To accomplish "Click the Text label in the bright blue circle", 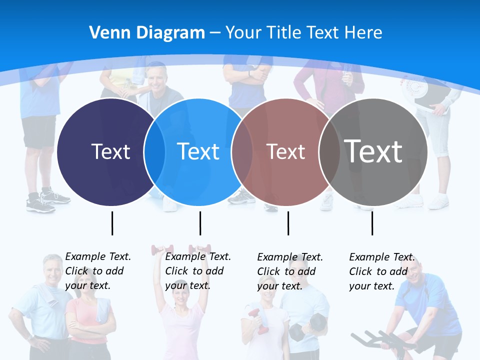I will (x=198, y=151).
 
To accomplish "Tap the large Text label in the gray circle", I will (x=373, y=151).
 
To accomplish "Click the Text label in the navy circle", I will (x=111, y=151).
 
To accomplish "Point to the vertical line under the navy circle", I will (x=112, y=223).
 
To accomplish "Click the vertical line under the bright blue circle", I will (x=200, y=223).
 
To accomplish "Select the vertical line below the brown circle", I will (x=288, y=223).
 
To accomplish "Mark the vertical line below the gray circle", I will (x=372, y=223).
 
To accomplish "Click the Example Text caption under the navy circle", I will (x=97, y=271).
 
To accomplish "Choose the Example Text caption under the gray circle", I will (x=381, y=271).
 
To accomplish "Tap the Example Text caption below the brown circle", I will (x=289, y=271).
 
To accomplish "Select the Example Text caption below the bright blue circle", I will (x=197, y=271).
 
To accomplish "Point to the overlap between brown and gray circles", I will (x=329, y=152).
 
